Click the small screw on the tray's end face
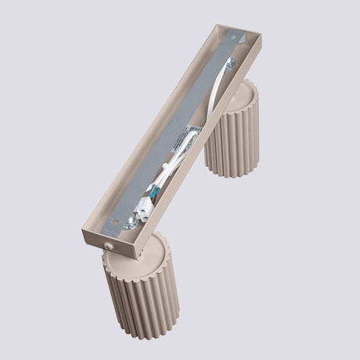108,246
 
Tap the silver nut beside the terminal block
127,224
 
